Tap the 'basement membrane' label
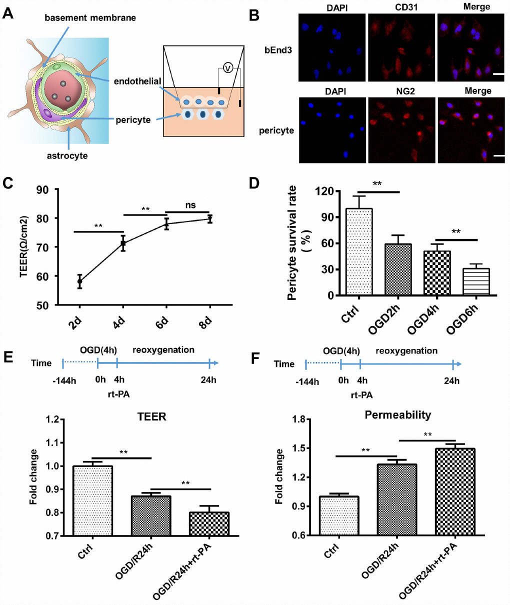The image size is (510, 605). [x=90, y=18]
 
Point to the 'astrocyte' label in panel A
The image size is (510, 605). [x=67, y=155]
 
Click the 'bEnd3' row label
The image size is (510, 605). [x=277, y=50]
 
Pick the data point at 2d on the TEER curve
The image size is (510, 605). [x=79, y=281]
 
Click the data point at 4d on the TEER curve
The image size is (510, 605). [x=123, y=243]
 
